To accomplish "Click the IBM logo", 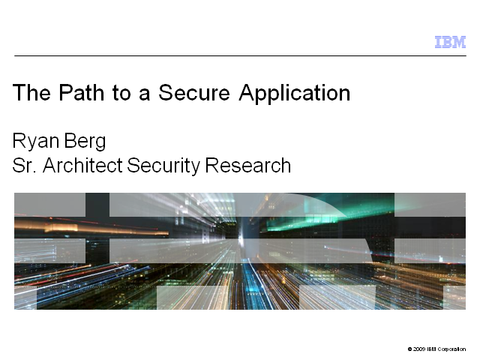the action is [x=450, y=42].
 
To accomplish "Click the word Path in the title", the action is [x=81, y=92].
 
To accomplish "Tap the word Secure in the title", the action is [x=194, y=92].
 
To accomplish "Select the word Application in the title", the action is [x=295, y=94].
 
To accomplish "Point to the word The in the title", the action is [x=31, y=92].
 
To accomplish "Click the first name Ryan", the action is [x=36, y=142].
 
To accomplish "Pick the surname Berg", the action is [x=85, y=142].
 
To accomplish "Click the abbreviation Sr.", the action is [x=25, y=166].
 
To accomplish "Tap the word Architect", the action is [x=82, y=166].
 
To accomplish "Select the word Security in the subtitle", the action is [x=163, y=166].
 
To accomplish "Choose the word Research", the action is [x=248, y=166].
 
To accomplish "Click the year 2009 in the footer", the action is [x=418, y=349].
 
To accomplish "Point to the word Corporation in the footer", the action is [x=451, y=349].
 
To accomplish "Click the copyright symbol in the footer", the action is [x=410, y=349].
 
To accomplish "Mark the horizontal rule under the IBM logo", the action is [x=240, y=55].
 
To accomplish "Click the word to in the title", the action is [x=121, y=93].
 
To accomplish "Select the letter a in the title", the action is [x=144, y=94].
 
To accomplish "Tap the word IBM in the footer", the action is [x=431, y=349].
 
